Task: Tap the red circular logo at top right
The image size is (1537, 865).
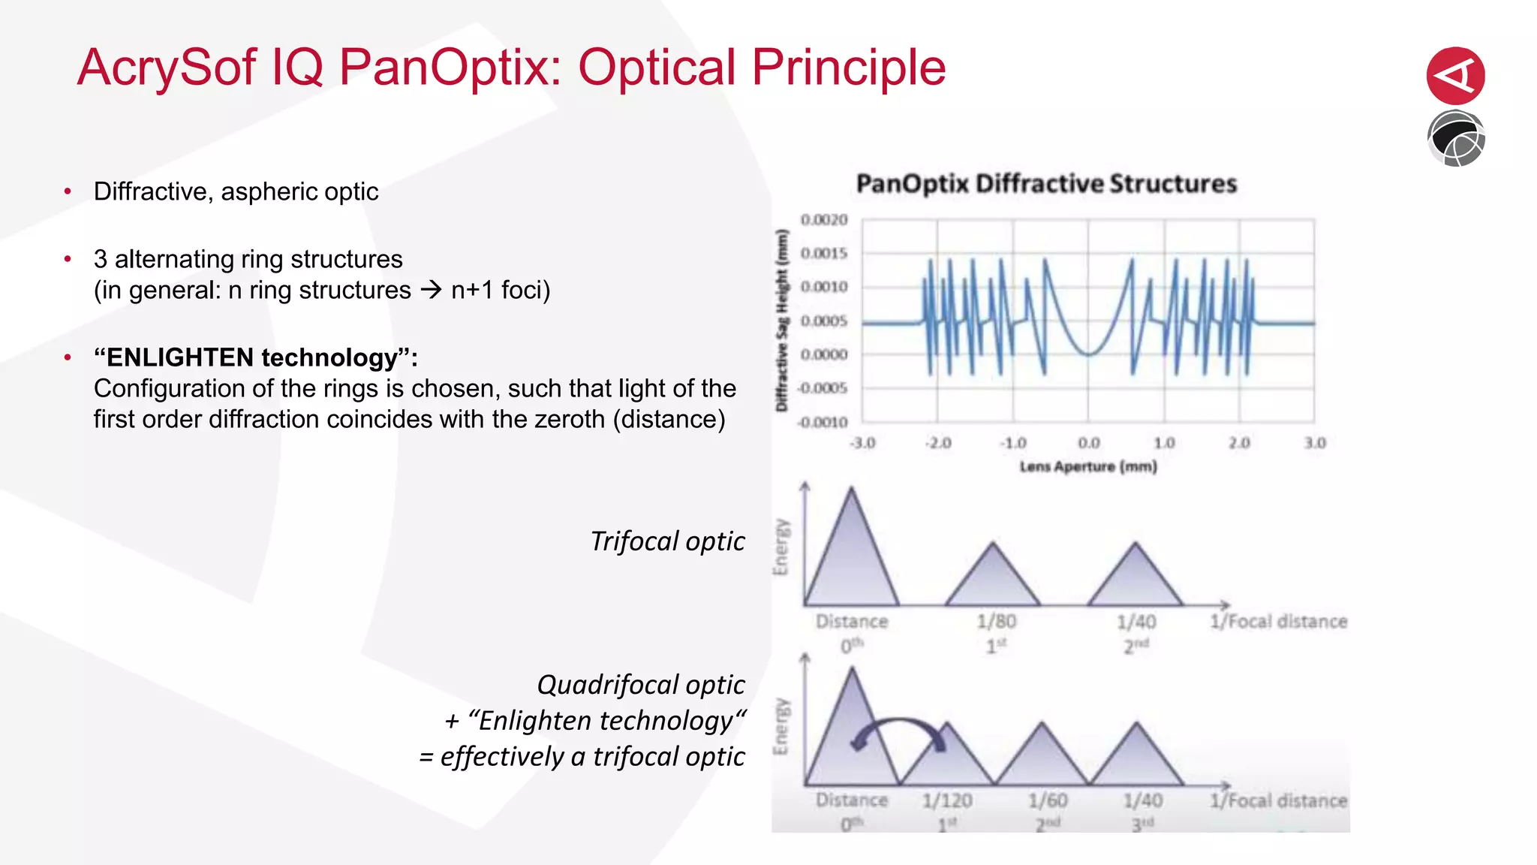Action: tap(1455, 76)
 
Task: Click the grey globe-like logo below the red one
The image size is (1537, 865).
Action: tap(1455, 139)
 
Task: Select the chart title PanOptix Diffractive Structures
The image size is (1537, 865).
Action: tap(1046, 184)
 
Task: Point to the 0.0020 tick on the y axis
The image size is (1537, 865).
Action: tap(823, 220)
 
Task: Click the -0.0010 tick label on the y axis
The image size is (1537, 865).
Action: tap(822, 423)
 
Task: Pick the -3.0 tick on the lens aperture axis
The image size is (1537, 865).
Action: tap(862, 443)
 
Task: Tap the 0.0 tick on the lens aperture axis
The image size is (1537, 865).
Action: tap(1088, 443)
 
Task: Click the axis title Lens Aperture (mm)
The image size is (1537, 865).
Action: tap(1087, 467)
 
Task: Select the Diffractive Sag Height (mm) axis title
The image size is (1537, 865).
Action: tap(782, 321)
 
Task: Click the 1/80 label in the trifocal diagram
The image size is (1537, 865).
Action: tap(996, 622)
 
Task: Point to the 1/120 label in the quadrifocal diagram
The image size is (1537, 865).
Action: tap(947, 801)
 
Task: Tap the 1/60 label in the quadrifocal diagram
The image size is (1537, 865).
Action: tap(1048, 801)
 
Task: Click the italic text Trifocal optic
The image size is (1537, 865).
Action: tap(667, 541)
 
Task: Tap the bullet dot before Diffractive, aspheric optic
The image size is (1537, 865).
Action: tap(68, 192)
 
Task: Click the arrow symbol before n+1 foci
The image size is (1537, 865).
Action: tap(432, 290)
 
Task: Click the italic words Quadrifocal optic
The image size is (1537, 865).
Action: tap(640, 685)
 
